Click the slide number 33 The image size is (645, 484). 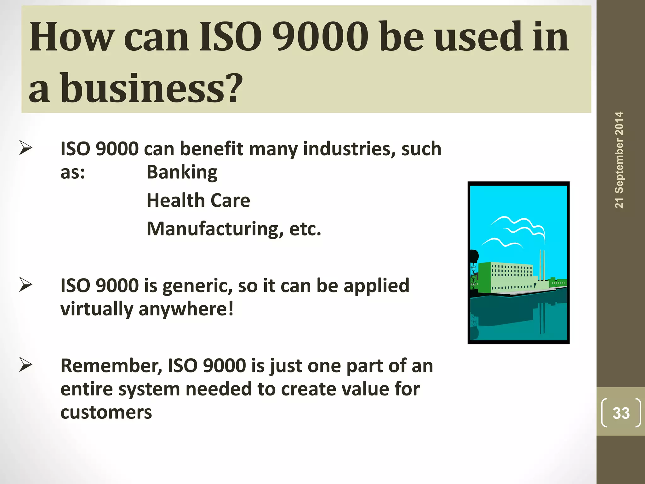tap(621, 413)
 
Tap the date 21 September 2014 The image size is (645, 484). tap(619, 160)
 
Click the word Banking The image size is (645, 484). tap(182, 172)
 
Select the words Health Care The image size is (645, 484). tap(198, 200)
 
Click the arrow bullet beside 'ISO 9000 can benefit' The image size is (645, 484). tap(26, 148)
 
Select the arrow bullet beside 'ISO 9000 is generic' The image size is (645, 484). tap(26, 285)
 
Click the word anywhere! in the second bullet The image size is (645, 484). tap(186, 309)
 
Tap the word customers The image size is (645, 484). tap(106, 412)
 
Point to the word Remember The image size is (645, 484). tap(111, 366)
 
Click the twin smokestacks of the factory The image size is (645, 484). tap(542, 265)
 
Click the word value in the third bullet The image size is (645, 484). tap(363, 389)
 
